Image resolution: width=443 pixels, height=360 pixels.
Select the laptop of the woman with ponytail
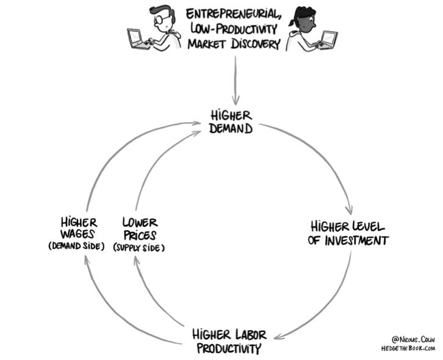(328, 40)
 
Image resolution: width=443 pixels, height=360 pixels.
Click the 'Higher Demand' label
(231, 121)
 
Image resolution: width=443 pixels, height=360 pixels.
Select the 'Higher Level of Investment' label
(348, 232)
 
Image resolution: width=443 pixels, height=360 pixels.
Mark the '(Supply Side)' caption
(139, 248)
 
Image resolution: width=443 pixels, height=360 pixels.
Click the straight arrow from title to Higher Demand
(235, 79)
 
